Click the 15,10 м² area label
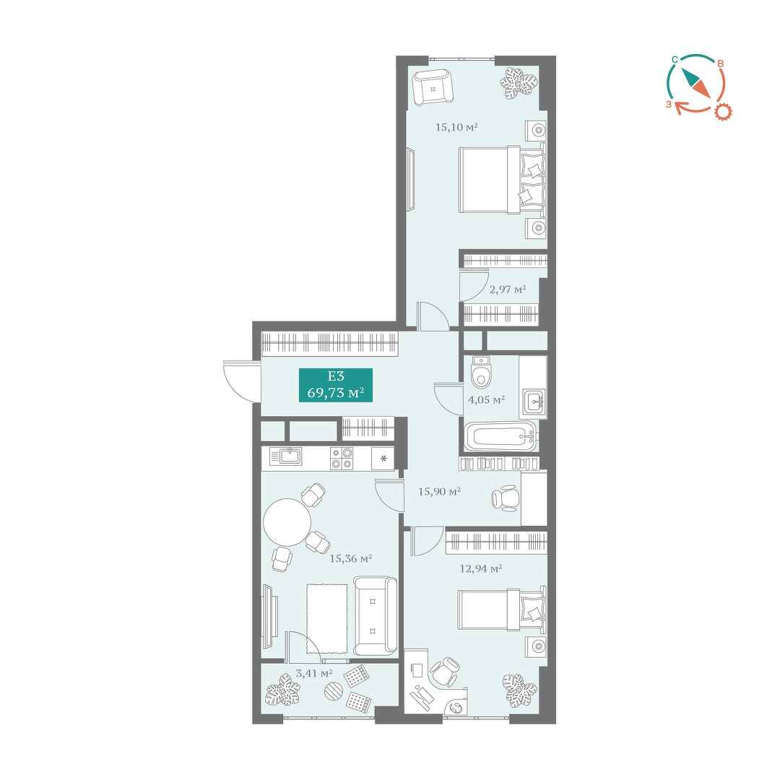pos(456,127)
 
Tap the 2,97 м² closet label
pos(508,289)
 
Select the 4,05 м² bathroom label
pos(487,399)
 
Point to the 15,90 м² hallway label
pos(439,492)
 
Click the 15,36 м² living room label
pos(351,558)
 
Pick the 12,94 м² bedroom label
pos(480,568)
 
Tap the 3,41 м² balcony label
pos(314,674)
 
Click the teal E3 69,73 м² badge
pos(336,385)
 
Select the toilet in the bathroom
pos(480,372)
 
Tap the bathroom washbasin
pos(534,400)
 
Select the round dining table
pos(287,522)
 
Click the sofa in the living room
pos(375,616)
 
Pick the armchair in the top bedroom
pos(433,87)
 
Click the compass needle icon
pos(695,82)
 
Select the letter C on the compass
pos(674,60)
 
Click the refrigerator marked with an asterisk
pos(383,458)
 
